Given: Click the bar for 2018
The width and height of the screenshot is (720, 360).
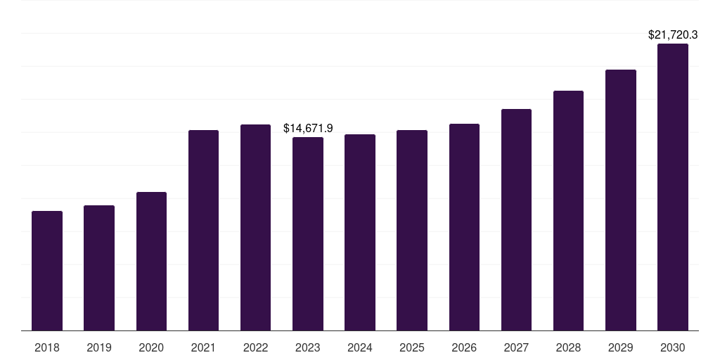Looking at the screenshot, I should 47,271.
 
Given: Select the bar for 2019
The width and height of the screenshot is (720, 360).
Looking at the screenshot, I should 99,268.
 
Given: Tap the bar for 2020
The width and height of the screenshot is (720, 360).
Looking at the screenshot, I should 151,261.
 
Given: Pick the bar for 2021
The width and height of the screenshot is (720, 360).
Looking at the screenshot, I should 203,230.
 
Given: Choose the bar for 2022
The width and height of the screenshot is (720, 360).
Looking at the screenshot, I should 255,227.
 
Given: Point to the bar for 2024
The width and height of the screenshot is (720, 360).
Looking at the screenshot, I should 360,232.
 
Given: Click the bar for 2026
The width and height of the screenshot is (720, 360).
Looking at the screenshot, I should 464,227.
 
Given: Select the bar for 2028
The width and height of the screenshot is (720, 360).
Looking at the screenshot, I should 568,210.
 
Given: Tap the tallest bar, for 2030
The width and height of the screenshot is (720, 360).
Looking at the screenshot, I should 673,187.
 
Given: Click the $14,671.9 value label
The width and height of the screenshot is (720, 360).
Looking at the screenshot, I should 308,128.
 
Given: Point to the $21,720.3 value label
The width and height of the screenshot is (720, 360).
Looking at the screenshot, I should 673,34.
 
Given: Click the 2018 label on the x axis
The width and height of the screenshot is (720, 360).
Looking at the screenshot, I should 47,347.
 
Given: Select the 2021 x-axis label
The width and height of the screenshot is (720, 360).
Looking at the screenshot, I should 203,347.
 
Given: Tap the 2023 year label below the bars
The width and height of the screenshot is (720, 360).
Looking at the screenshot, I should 308,347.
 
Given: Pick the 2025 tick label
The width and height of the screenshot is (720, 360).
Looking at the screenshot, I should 412,347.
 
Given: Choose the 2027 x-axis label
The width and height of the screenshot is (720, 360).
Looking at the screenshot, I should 516,347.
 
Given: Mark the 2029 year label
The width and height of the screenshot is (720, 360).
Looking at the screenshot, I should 620,347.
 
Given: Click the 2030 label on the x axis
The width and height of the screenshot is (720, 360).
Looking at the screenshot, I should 673,347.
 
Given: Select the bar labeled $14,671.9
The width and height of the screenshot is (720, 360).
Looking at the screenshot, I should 308,233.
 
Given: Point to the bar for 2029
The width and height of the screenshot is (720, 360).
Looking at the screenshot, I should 620,200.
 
